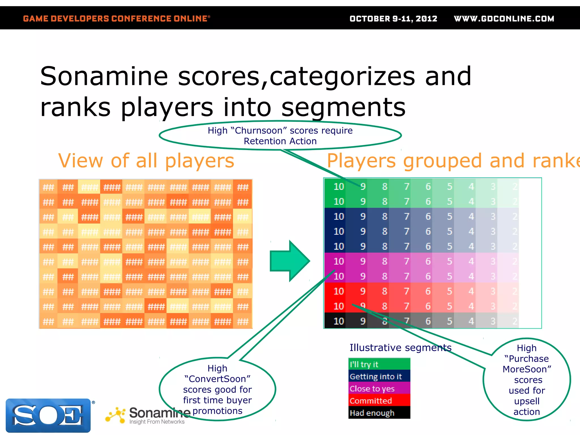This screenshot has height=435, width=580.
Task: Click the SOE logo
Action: tap(48, 415)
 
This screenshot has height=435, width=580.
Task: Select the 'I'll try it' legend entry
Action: tap(379, 364)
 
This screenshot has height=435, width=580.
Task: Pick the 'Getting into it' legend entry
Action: tap(379, 376)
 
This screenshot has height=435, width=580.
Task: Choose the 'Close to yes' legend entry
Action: tap(379, 389)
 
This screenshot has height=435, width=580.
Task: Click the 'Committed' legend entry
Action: tap(379, 401)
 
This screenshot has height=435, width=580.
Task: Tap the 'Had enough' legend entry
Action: tap(379, 413)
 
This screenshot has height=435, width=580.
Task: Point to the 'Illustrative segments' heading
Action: tap(400, 347)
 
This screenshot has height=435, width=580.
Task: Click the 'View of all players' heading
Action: tap(146, 161)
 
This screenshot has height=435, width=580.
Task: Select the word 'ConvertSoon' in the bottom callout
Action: tap(217, 379)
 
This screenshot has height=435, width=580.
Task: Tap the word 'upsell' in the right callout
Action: tap(527, 401)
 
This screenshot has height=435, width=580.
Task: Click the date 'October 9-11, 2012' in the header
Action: tap(393, 19)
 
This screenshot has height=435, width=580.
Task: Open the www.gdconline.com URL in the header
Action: tap(504, 19)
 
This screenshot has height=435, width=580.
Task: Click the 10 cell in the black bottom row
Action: tap(339, 321)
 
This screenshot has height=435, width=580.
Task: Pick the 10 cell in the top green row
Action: tap(339, 187)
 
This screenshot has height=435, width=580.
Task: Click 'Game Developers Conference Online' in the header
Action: tap(116, 19)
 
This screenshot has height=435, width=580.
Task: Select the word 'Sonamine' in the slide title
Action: tap(104, 76)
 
